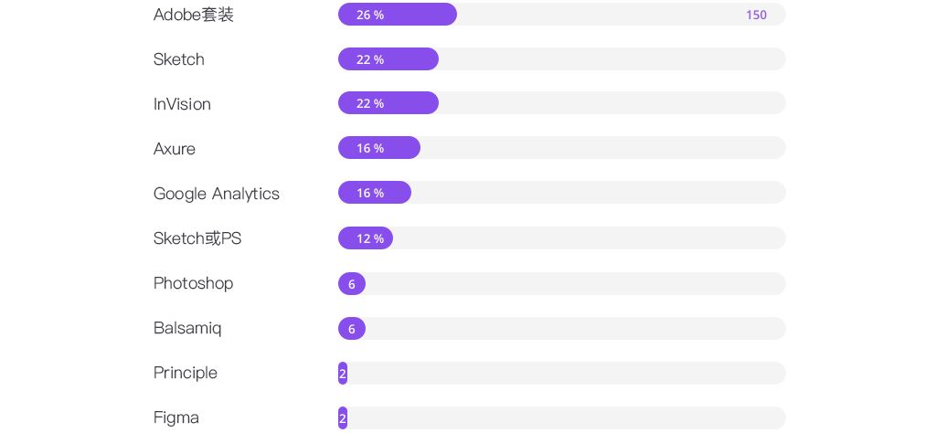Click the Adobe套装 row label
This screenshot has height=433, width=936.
coord(194,15)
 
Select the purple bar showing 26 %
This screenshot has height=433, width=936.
coord(397,15)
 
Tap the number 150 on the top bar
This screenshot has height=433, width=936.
coord(756,15)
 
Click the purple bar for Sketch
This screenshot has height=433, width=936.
coord(388,59)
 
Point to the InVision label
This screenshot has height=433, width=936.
coord(182,104)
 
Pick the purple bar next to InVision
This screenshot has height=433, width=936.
coord(388,103)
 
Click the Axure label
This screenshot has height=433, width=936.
coord(175,149)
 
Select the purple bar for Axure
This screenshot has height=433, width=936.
coord(378,148)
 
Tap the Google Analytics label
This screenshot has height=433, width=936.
coord(217,194)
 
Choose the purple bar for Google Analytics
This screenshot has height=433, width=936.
coord(374,193)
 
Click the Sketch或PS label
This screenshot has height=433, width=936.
coord(197,238)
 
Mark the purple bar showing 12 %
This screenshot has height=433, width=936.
coord(365,238)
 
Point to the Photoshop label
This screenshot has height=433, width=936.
coord(193,283)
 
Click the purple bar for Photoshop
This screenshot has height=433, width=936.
coord(352,284)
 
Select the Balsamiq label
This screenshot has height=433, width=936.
coord(187,328)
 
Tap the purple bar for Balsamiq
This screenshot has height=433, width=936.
coord(352,329)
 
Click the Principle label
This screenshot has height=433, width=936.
coord(186,373)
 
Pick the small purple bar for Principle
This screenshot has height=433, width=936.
coord(343,374)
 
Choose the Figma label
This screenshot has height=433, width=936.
coord(176,417)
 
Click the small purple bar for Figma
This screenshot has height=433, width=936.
coord(343,418)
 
